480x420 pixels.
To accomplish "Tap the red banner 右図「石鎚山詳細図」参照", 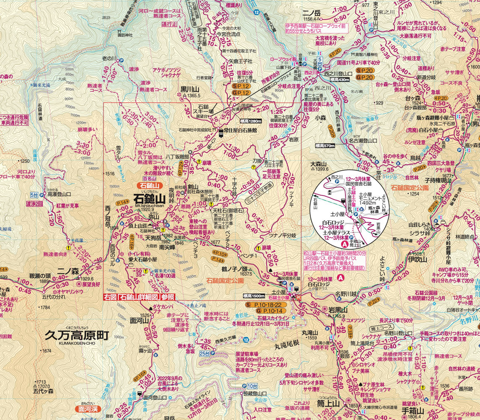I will coord(139,297).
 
